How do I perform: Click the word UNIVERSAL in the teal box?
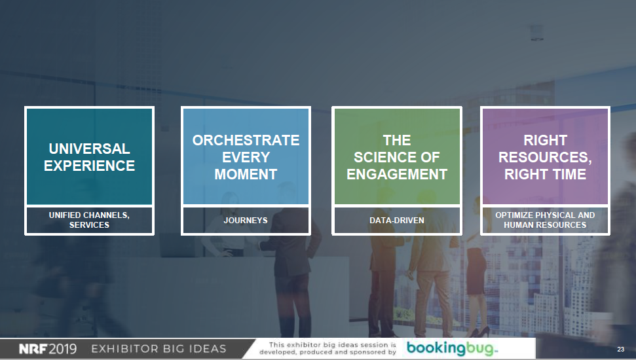[x=89, y=149]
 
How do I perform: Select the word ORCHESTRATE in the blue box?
[x=246, y=140]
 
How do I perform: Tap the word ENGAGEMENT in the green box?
[x=397, y=174]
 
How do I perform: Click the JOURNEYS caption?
[x=246, y=220]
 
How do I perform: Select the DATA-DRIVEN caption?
[x=397, y=220]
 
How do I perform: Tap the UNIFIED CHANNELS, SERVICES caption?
[x=89, y=220]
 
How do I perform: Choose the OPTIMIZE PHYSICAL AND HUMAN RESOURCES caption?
[x=545, y=220]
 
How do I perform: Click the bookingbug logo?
[x=452, y=348]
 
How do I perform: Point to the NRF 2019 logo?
[x=47, y=349]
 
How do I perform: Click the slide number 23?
[x=620, y=349]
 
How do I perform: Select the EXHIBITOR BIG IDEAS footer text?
[x=159, y=349]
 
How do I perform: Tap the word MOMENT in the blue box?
[x=246, y=174]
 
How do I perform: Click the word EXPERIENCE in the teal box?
[x=89, y=166]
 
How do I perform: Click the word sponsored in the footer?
[x=371, y=352]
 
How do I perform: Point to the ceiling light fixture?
[x=536, y=33]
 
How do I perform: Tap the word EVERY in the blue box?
[x=246, y=157]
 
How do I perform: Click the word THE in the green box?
[x=397, y=140]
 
